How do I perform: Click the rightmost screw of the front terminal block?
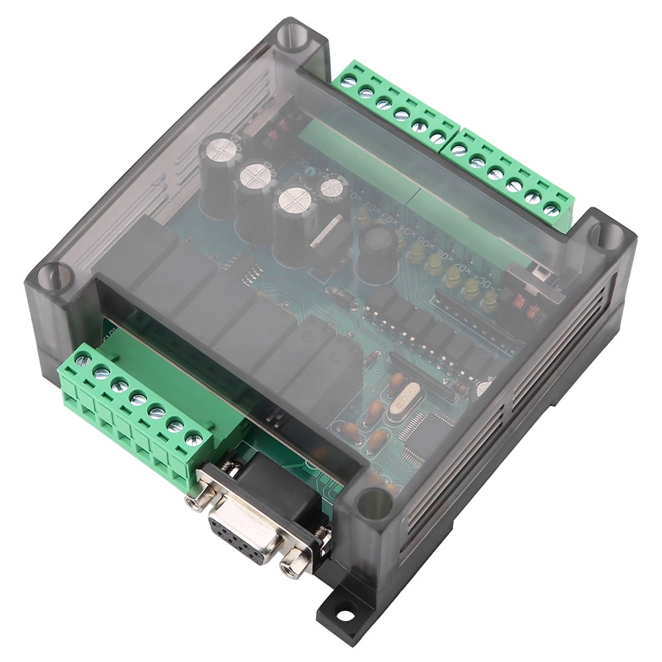[194, 437]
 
